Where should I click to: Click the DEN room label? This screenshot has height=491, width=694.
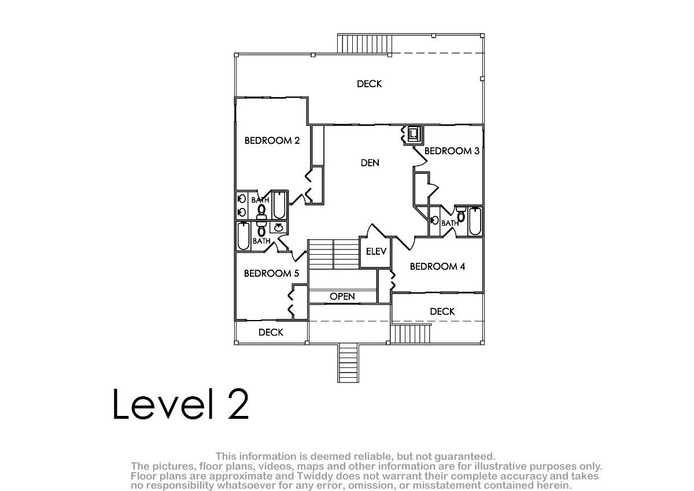(x=370, y=163)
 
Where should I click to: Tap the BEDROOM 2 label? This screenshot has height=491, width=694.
(x=272, y=140)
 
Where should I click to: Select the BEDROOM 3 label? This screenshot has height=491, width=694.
(x=452, y=151)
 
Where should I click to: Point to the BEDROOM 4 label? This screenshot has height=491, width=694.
(x=437, y=266)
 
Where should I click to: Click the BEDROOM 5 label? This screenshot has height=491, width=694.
(x=271, y=273)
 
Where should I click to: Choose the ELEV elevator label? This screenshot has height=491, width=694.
(x=376, y=251)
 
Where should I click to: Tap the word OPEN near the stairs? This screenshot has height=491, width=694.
(x=342, y=296)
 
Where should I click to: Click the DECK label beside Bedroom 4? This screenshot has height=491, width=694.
(x=442, y=311)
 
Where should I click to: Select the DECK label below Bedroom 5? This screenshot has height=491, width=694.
(x=271, y=332)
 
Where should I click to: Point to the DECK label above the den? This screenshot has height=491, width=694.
(x=369, y=84)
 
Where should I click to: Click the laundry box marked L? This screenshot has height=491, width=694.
(x=413, y=135)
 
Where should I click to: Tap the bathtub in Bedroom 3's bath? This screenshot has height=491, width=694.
(x=475, y=221)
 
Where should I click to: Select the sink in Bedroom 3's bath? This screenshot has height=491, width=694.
(x=435, y=221)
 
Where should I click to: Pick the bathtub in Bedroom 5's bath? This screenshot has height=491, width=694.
(x=243, y=236)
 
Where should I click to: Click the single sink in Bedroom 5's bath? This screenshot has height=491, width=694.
(x=279, y=228)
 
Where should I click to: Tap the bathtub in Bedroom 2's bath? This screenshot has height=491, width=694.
(x=279, y=205)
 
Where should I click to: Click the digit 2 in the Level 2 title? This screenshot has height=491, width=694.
(x=238, y=404)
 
